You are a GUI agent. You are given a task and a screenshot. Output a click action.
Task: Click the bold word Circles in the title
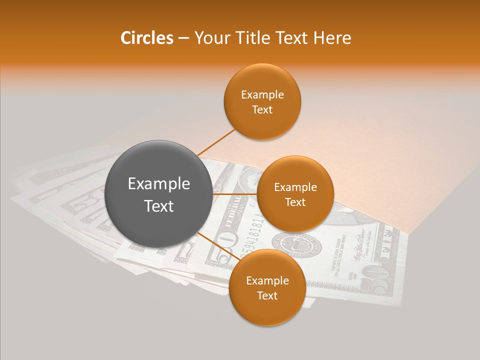click(146, 38)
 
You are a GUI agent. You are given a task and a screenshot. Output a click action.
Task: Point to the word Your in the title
click(211, 38)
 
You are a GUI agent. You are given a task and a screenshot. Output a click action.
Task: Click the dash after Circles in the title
click(183, 38)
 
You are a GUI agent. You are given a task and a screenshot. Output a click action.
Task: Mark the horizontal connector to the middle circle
click(235, 193)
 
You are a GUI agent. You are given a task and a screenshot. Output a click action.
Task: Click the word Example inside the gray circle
click(159, 184)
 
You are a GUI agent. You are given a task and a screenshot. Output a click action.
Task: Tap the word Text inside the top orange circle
click(262, 110)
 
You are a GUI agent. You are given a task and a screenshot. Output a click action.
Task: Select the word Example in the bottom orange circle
click(267, 281)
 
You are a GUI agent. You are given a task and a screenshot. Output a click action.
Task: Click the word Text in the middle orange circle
click(295, 202)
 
